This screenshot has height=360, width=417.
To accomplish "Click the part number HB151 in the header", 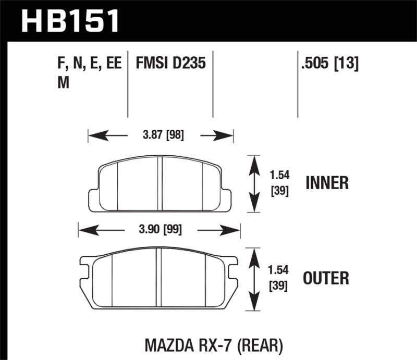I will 70,21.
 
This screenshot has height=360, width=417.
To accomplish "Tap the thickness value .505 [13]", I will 329,65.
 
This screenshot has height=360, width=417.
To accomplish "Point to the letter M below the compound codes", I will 63,83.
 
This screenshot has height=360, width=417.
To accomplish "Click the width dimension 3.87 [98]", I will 163,136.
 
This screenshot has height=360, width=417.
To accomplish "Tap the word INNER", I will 327,183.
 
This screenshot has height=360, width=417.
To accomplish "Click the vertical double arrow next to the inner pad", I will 253,183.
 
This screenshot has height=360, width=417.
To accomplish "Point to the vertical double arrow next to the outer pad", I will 253,279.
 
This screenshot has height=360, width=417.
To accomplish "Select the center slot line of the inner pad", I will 161,183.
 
